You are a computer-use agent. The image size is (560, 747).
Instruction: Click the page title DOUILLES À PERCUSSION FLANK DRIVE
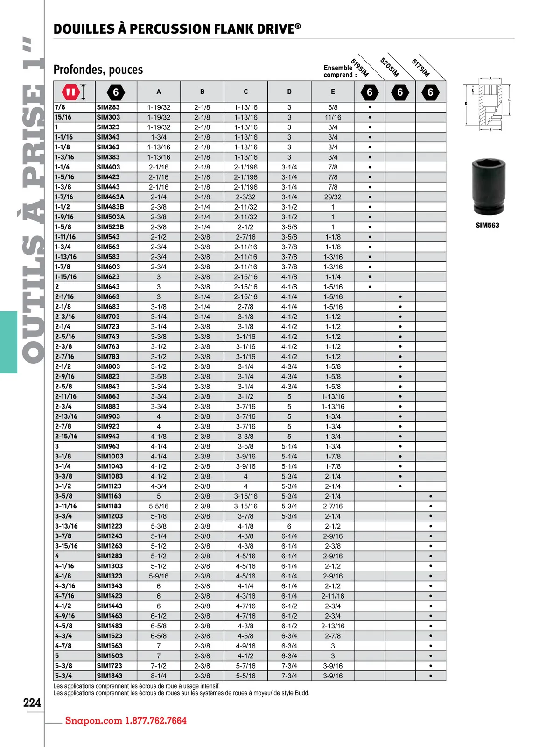(177, 29)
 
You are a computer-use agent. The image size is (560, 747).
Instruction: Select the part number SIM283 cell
(108, 107)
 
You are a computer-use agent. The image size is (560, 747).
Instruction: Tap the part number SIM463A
(111, 197)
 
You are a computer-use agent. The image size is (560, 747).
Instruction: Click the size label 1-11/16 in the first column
(65, 237)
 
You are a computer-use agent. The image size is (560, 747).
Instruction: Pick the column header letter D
(289, 92)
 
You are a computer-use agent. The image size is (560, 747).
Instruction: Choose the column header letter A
(159, 92)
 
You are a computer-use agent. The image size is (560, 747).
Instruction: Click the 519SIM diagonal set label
(360, 68)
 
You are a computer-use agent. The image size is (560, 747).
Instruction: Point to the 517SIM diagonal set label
(420, 67)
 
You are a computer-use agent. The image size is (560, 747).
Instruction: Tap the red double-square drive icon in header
(70, 92)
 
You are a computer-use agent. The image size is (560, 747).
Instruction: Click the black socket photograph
(488, 186)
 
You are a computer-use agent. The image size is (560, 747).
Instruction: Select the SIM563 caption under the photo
(487, 226)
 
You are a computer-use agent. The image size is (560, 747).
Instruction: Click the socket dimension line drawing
(488, 104)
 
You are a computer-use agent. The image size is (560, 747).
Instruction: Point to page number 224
(32, 703)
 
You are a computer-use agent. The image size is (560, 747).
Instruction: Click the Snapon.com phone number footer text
(126, 720)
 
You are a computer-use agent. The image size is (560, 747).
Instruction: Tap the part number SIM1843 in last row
(110, 676)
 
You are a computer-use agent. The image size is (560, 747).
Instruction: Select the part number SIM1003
(110, 456)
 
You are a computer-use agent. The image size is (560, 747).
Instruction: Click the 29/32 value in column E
(333, 197)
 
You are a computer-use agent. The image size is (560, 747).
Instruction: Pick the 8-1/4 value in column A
(159, 676)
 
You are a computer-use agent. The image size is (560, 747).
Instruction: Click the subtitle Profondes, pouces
(98, 70)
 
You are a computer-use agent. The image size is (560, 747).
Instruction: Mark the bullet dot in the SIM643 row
(370, 287)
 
